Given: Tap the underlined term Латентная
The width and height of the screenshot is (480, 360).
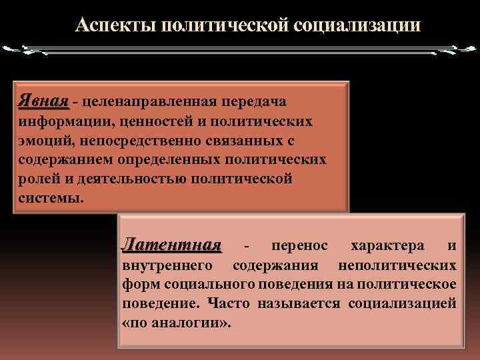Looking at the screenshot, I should tap(171, 246).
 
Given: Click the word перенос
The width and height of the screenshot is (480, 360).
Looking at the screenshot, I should tap(299, 247).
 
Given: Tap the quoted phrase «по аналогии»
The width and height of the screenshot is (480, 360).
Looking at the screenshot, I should tap(177, 323).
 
